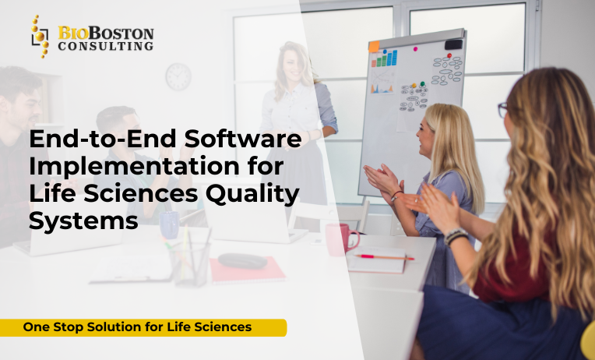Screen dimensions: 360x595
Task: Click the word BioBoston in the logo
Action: coord(105,34)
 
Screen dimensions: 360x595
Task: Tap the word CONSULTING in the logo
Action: coord(105,47)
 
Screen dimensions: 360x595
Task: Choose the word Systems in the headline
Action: coord(84,221)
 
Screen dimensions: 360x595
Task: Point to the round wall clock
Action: coord(178,76)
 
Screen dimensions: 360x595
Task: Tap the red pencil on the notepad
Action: coord(386,256)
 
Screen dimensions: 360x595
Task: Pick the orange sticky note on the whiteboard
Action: coord(374,47)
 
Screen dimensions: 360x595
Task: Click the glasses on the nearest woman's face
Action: coord(503,110)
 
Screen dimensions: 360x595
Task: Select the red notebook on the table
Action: coord(247,270)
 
